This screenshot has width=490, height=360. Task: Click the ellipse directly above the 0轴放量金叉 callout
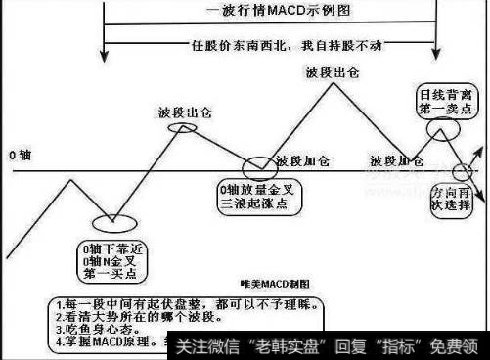coord(251,164)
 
